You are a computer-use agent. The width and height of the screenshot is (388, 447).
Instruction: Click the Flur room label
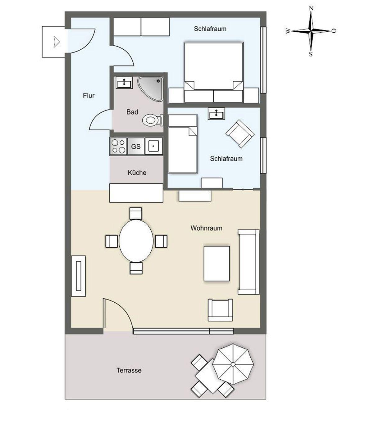click(89, 96)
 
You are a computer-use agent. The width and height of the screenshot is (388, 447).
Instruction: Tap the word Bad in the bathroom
click(132, 112)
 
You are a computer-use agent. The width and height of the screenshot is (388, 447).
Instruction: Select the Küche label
click(137, 173)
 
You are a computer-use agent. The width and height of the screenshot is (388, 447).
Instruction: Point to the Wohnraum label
click(206, 228)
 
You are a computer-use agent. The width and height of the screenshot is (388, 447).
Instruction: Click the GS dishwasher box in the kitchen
click(136, 146)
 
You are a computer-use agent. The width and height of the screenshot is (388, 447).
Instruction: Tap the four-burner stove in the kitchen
click(118, 146)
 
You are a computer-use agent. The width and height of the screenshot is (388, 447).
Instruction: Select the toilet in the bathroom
click(152, 120)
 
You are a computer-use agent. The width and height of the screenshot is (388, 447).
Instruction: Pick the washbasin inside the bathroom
click(124, 83)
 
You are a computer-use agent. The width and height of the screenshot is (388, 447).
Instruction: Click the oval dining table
click(136, 241)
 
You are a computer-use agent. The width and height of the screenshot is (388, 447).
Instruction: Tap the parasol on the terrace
click(233, 364)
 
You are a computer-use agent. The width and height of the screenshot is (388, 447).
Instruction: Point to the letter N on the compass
click(311, 8)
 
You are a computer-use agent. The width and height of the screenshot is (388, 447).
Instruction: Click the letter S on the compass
click(311, 54)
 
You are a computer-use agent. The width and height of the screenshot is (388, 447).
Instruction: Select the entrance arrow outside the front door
click(57, 42)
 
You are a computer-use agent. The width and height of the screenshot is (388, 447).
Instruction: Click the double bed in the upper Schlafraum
click(213, 72)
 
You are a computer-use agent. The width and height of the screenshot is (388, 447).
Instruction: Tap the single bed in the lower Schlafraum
click(183, 144)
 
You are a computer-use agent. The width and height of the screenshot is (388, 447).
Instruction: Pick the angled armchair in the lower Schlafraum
click(240, 134)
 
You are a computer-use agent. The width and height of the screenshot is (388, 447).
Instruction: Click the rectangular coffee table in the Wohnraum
click(217, 264)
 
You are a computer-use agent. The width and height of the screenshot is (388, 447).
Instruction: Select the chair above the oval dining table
click(136, 214)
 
